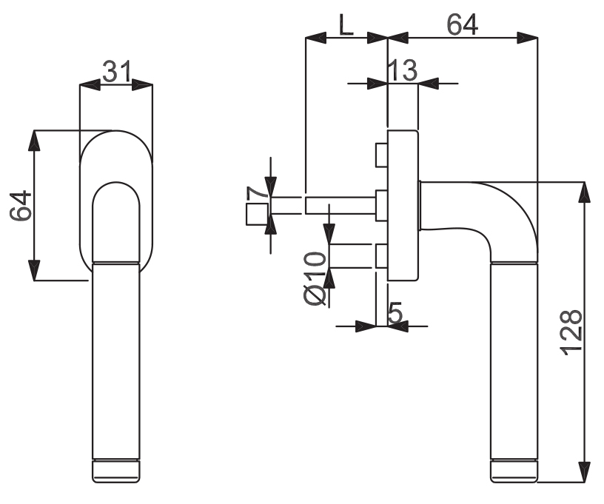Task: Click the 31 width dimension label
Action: [x=117, y=72]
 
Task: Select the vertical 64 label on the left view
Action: [x=21, y=205]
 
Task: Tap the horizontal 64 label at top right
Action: [x=462, y=24]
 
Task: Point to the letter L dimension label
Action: [x=346, y=24]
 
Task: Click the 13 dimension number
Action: [x=403, y=70]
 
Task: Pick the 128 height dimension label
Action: [x=571, y=332]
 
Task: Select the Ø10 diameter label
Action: [x=315, y=278]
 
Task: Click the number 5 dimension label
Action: [x=395, y=312]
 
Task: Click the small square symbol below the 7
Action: [x=257, y=215]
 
